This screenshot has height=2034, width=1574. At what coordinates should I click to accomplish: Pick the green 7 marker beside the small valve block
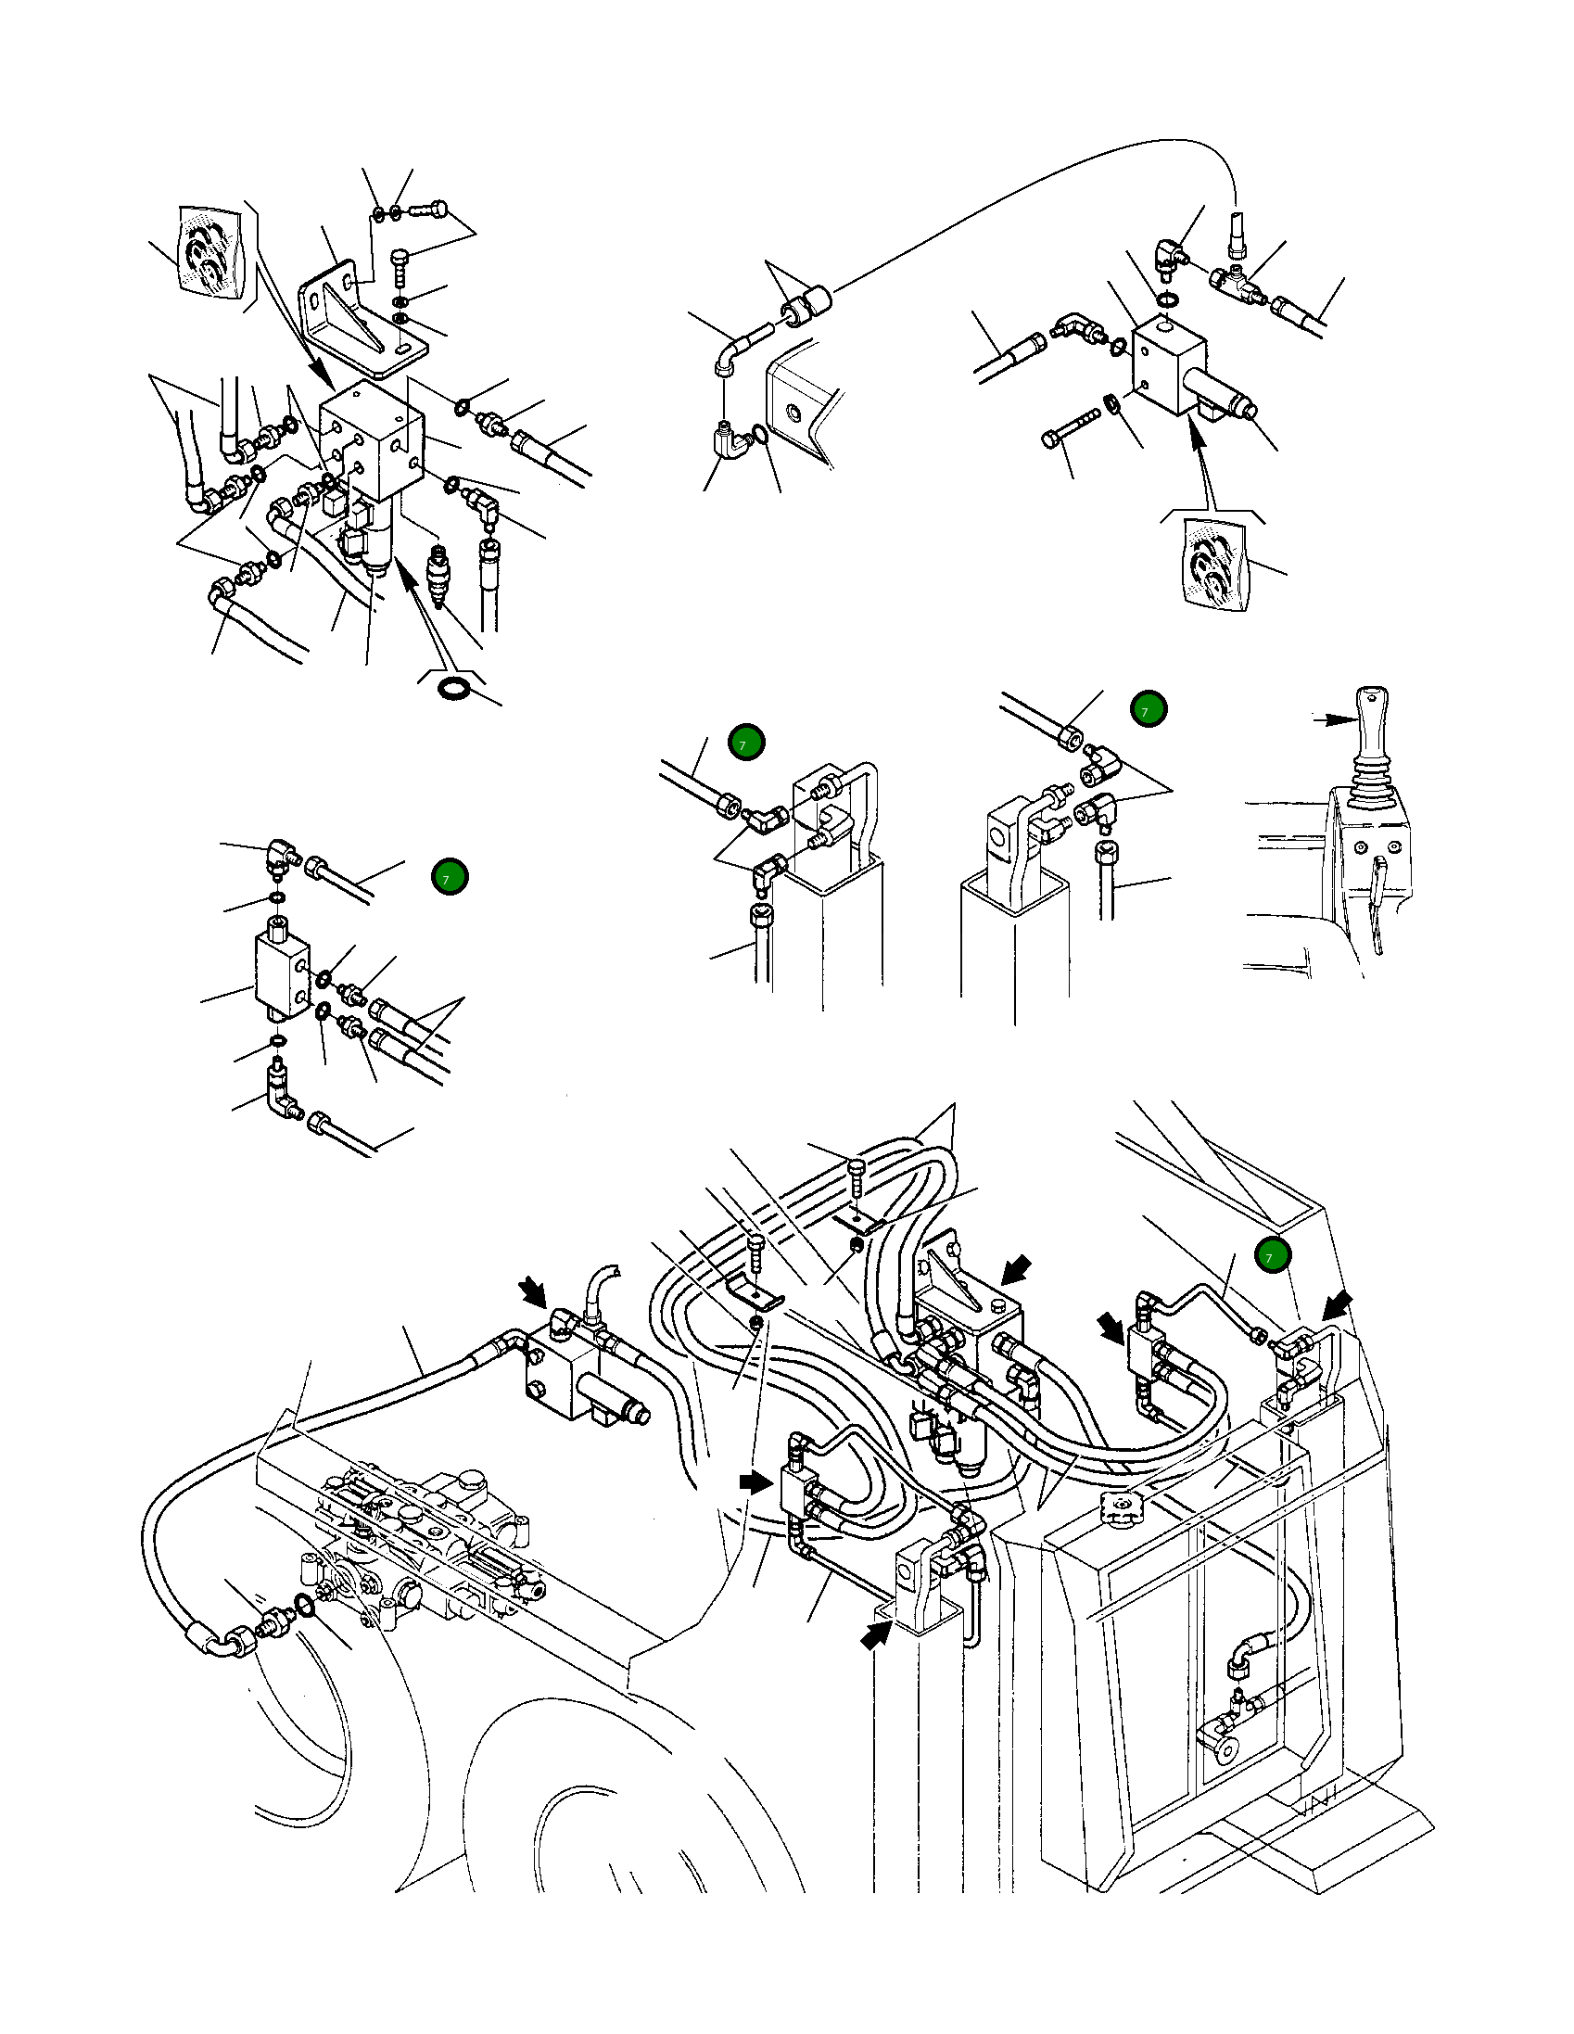pyautogui.click(x=450, y=877)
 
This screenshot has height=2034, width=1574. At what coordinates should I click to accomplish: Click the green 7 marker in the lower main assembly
pyautogui.click(x=1271, y=1256)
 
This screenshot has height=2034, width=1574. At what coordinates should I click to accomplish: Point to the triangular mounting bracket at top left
pyautogui.click(x=359, y=312)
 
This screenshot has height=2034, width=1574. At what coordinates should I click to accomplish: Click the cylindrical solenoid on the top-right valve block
pyautogui.click(x=1222, y=395)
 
